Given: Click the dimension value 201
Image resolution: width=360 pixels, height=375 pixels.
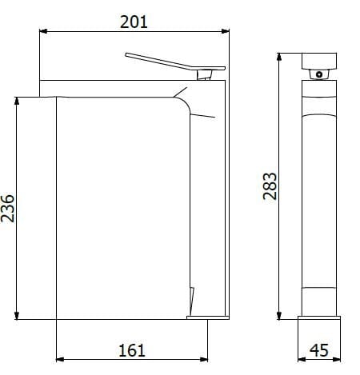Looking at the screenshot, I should tap(134, 22).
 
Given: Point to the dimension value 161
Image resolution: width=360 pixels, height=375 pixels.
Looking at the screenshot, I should tap(132, 349).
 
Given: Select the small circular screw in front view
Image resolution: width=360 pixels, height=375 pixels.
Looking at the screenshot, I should tap(320, 74).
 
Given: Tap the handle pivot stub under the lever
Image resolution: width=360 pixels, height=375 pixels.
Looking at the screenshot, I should tap(206, 74).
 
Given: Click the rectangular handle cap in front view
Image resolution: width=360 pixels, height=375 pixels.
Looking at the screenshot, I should tap(322, 60).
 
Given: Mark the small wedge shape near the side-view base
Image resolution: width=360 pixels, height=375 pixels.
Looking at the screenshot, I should tap(190, 301).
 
